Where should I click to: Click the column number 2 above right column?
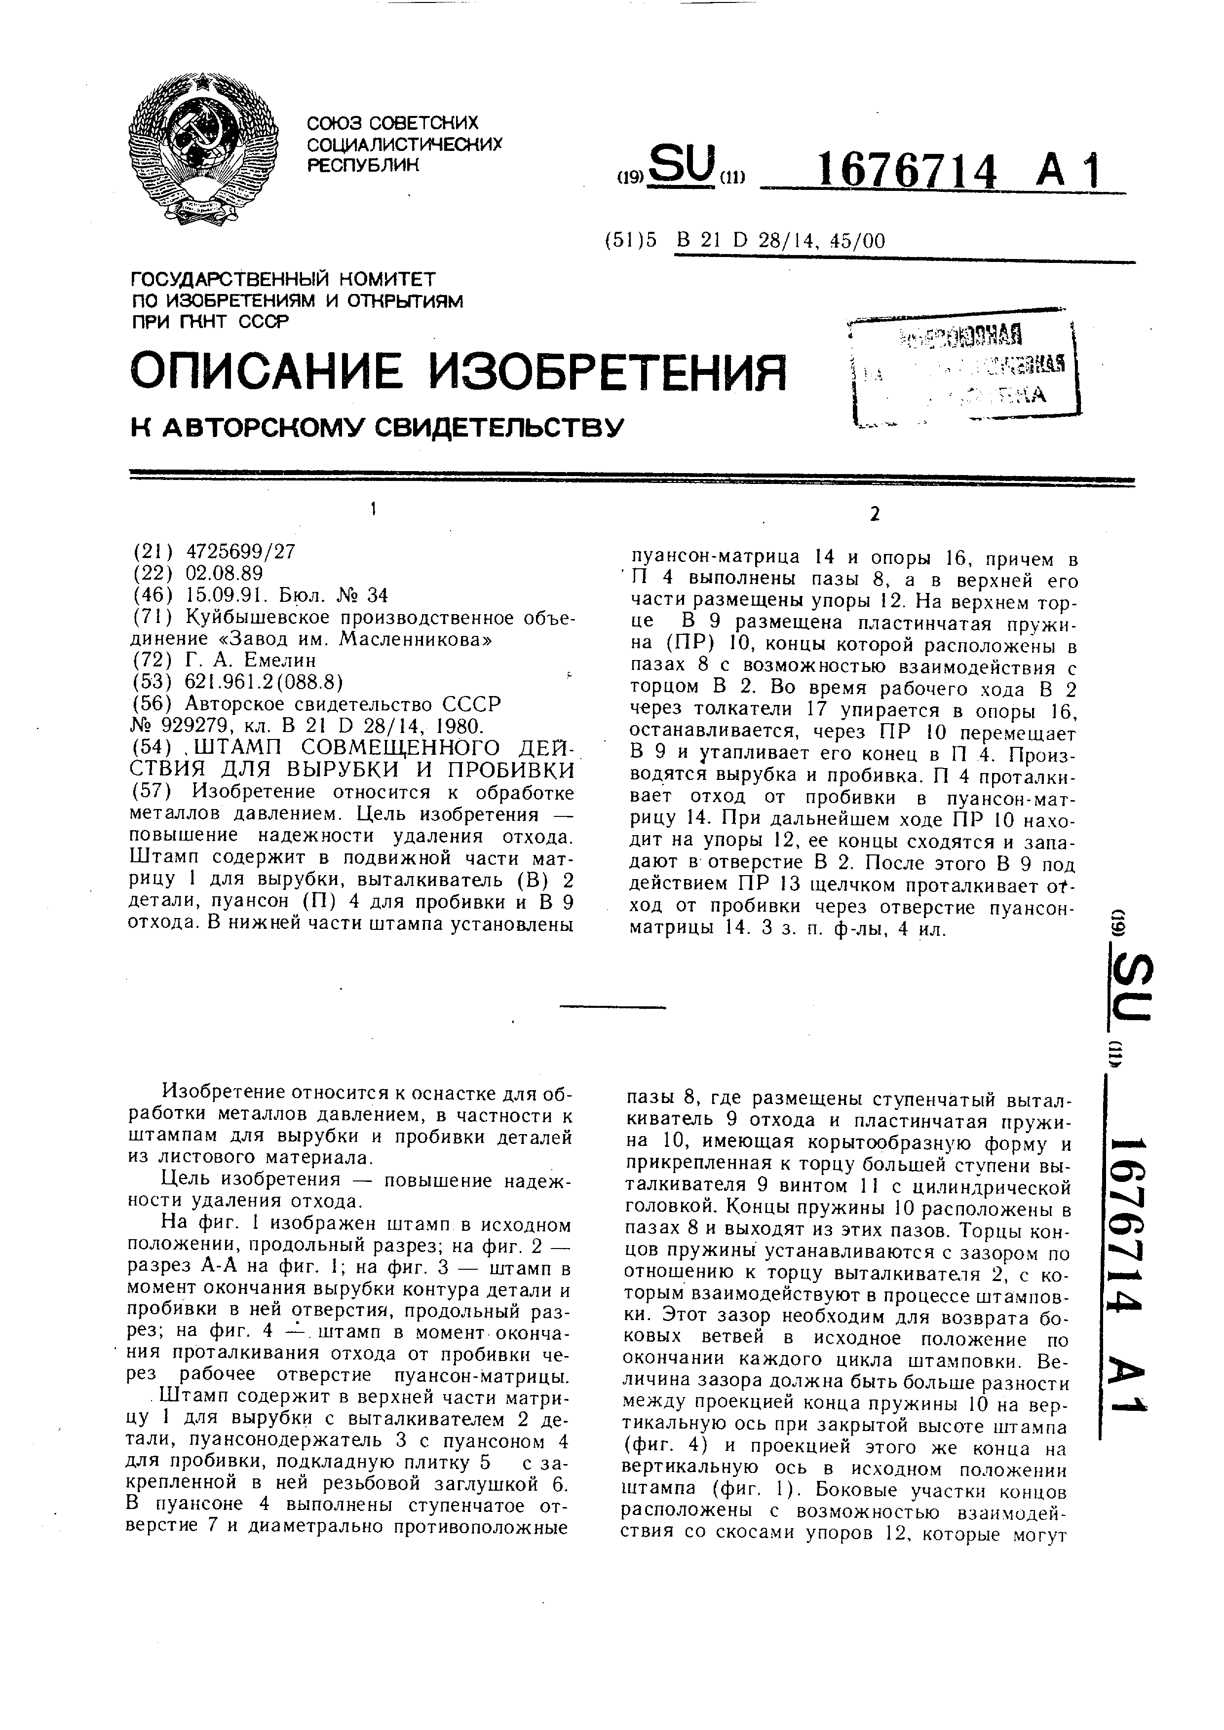[x=874, y=515]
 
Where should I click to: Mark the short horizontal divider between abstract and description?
[x=613, y=1007]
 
